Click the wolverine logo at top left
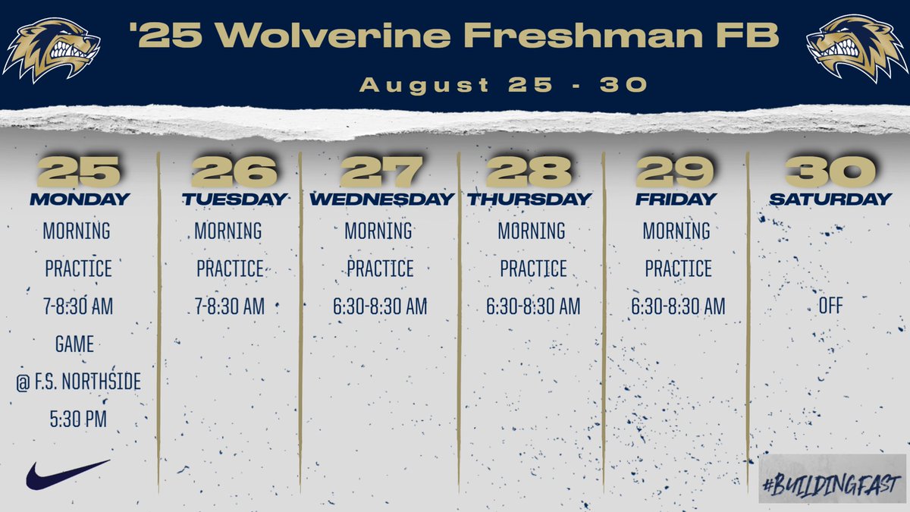[52, 49]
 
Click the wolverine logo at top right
[857, 49]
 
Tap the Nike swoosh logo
[67, 474]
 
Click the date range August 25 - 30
[504, 85]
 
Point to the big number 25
[78, 172]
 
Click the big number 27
[381, 172]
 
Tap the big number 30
[830, 172]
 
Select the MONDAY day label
[79, 199]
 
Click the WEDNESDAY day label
[381, 199]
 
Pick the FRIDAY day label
[676, 199]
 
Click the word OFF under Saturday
[830, 306]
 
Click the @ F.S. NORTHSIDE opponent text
[78, 382]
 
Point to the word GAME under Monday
[74, 344]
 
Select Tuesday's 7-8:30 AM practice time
[230, 306]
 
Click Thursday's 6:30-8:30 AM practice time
[532, 306]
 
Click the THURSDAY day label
[529, 199]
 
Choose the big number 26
[234, 172]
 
